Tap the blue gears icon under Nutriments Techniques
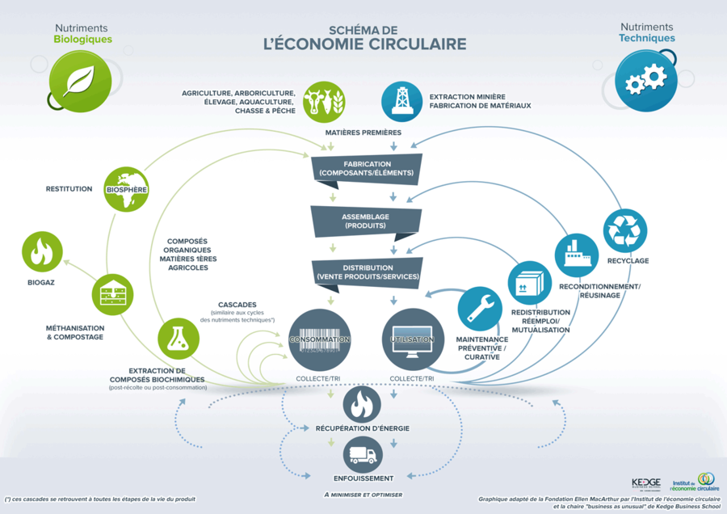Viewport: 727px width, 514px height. [645, 80]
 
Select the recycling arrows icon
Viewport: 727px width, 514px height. [626, 230]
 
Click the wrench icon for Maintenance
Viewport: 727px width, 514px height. [480, 308]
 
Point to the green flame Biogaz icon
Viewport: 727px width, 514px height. [41, 253]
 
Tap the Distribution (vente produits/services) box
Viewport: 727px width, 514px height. [367, 272]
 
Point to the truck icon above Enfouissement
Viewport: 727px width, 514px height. [362, 456]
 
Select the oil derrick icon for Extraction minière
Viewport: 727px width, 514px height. [401, 100]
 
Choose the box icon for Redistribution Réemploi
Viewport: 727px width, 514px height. [529, 283]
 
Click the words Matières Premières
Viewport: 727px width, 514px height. [363, 133]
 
